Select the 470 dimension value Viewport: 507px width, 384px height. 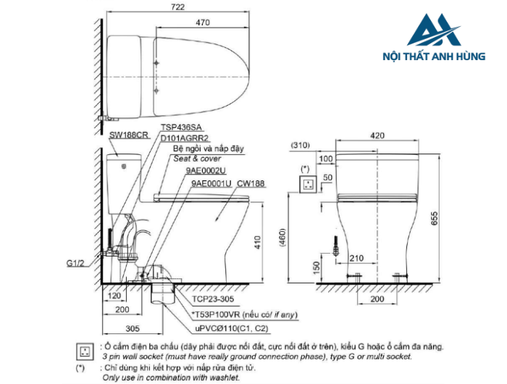[202, 22]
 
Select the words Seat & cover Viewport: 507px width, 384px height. [198, 159]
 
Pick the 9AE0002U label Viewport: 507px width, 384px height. [206, 171]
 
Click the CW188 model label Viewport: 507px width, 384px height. [251, 184]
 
